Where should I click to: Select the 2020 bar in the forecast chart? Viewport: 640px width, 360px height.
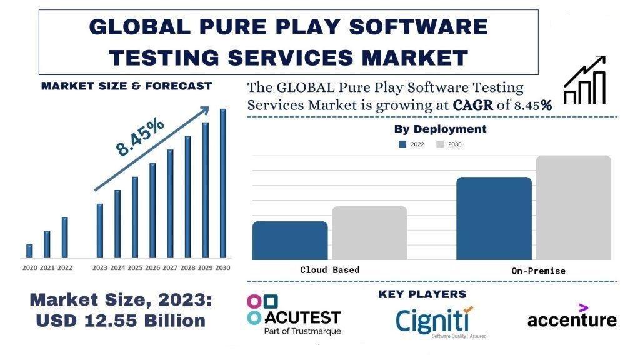(x=29, y=251)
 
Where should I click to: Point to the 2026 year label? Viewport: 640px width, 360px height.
(x=152, y=267)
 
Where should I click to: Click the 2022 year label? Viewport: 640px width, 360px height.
(x=65, y=267)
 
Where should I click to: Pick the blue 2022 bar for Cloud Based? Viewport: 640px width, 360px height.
(x=290, y=240)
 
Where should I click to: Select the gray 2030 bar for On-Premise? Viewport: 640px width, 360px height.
(x=573, y=207)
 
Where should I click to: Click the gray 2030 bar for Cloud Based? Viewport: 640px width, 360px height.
(x=369, y=232)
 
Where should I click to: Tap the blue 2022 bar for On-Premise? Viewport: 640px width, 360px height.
(x=494, y=218)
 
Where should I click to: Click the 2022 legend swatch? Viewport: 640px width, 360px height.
(x=402, y=144)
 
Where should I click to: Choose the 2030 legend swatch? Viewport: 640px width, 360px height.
(x=440, y=144)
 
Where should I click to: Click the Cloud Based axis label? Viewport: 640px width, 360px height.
(x=330, y=270)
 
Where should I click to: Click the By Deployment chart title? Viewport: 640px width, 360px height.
(x=440, y=129)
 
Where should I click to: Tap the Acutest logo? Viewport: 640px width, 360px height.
(x=294, y=315)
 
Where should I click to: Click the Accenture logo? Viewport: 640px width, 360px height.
(x=571, y=317)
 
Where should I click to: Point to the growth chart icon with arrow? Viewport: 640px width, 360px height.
(x=585, y=81)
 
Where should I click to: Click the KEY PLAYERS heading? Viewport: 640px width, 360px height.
(x=422, y=294)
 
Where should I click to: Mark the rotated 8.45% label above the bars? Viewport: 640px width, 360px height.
(x=140, y=136)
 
